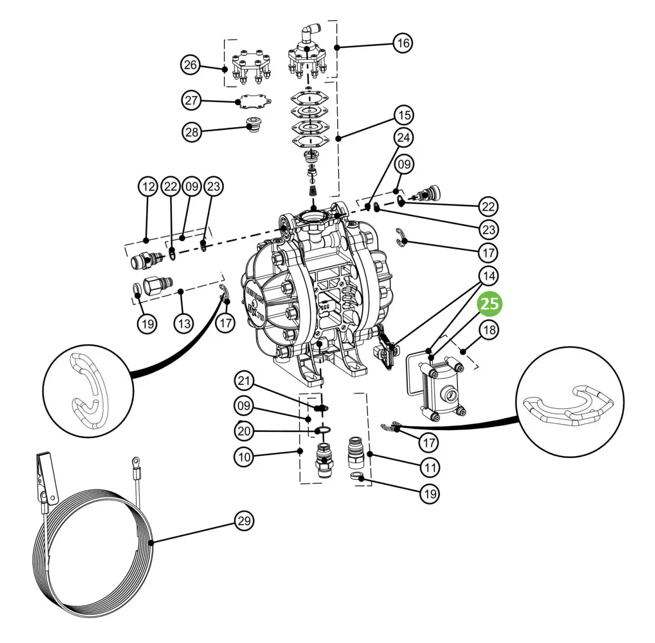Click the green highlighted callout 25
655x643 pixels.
point(490,304)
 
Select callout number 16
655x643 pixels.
point(403,42)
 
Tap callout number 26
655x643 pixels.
point(190,65)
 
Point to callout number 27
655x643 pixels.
point(192,100)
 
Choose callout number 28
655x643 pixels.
point(192,132)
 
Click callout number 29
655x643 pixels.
point(244,521)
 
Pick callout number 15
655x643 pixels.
point(404,115)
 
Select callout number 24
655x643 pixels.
point(403,137)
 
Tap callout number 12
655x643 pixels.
point(149,187)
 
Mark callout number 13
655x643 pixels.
point(184,323)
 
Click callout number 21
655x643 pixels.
point(244,380)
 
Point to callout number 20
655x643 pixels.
point(244,431)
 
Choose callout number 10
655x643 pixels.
point(244,456)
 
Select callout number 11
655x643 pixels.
point(431,468)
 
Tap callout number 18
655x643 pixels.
point(489,330)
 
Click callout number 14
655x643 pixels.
point(489,276)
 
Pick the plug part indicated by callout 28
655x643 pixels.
point(253,124)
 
